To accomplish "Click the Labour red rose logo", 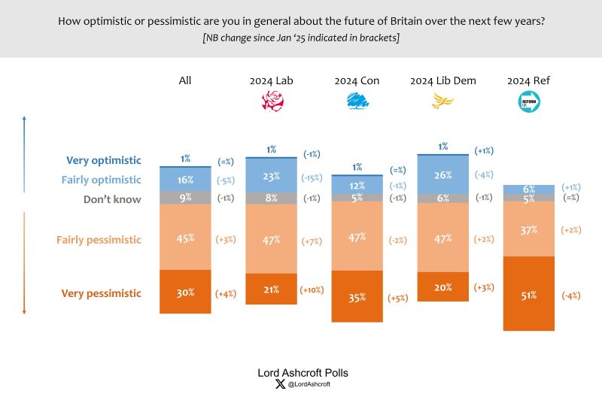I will pyautogui.click(x=271, y=101).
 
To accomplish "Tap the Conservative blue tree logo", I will pyautogui.click(x=357, y=101).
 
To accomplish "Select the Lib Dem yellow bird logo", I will pyautogui.click(x=442, y=101).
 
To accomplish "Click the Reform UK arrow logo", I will pyautogui.click(x=529, y=101).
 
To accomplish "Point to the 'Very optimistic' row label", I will pyautogui.click(x=104, y=160).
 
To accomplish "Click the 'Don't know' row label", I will pyautogui.click(x=111, y=199).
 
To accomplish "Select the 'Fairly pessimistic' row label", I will pyautogui.click(x=99, y=240).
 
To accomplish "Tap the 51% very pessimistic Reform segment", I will pyautogui.click(x=529, y=294).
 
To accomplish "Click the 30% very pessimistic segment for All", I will pyautogui.click(x=185, y=292).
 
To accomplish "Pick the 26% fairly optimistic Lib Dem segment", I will pyautogui.click(x=443, y=174).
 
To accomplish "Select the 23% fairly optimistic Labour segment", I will pyautogui.click(x=271, y=176).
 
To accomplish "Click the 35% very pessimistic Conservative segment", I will pyautogui.click(x=357, y=297).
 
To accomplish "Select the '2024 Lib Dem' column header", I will pyautogui.click(x=443, y=80).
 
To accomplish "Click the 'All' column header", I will pyautogui.click(x=185, y=80).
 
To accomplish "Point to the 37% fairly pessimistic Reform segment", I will pyautogui.click(x=529, y=229).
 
